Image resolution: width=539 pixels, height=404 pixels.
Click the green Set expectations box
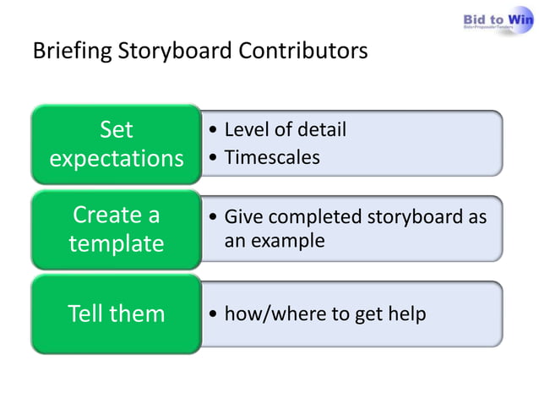point(116,145)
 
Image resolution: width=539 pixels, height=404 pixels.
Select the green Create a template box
point(116,229)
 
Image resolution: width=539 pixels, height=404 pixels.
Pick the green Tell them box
point(116,314)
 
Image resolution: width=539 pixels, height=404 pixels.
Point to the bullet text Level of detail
point(285,130)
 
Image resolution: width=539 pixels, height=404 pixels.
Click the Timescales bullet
point(271,157)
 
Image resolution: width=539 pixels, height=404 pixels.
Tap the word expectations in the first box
point(116,159)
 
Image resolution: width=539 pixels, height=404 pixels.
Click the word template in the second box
point(116,244)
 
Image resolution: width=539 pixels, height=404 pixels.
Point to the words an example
point(274,241)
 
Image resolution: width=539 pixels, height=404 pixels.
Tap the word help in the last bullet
point(406,314)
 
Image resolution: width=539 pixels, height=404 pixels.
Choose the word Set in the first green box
point(116,130)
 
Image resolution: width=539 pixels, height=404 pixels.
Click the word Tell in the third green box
point(87,314)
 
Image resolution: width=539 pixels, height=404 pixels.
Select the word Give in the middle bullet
point(242,217)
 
